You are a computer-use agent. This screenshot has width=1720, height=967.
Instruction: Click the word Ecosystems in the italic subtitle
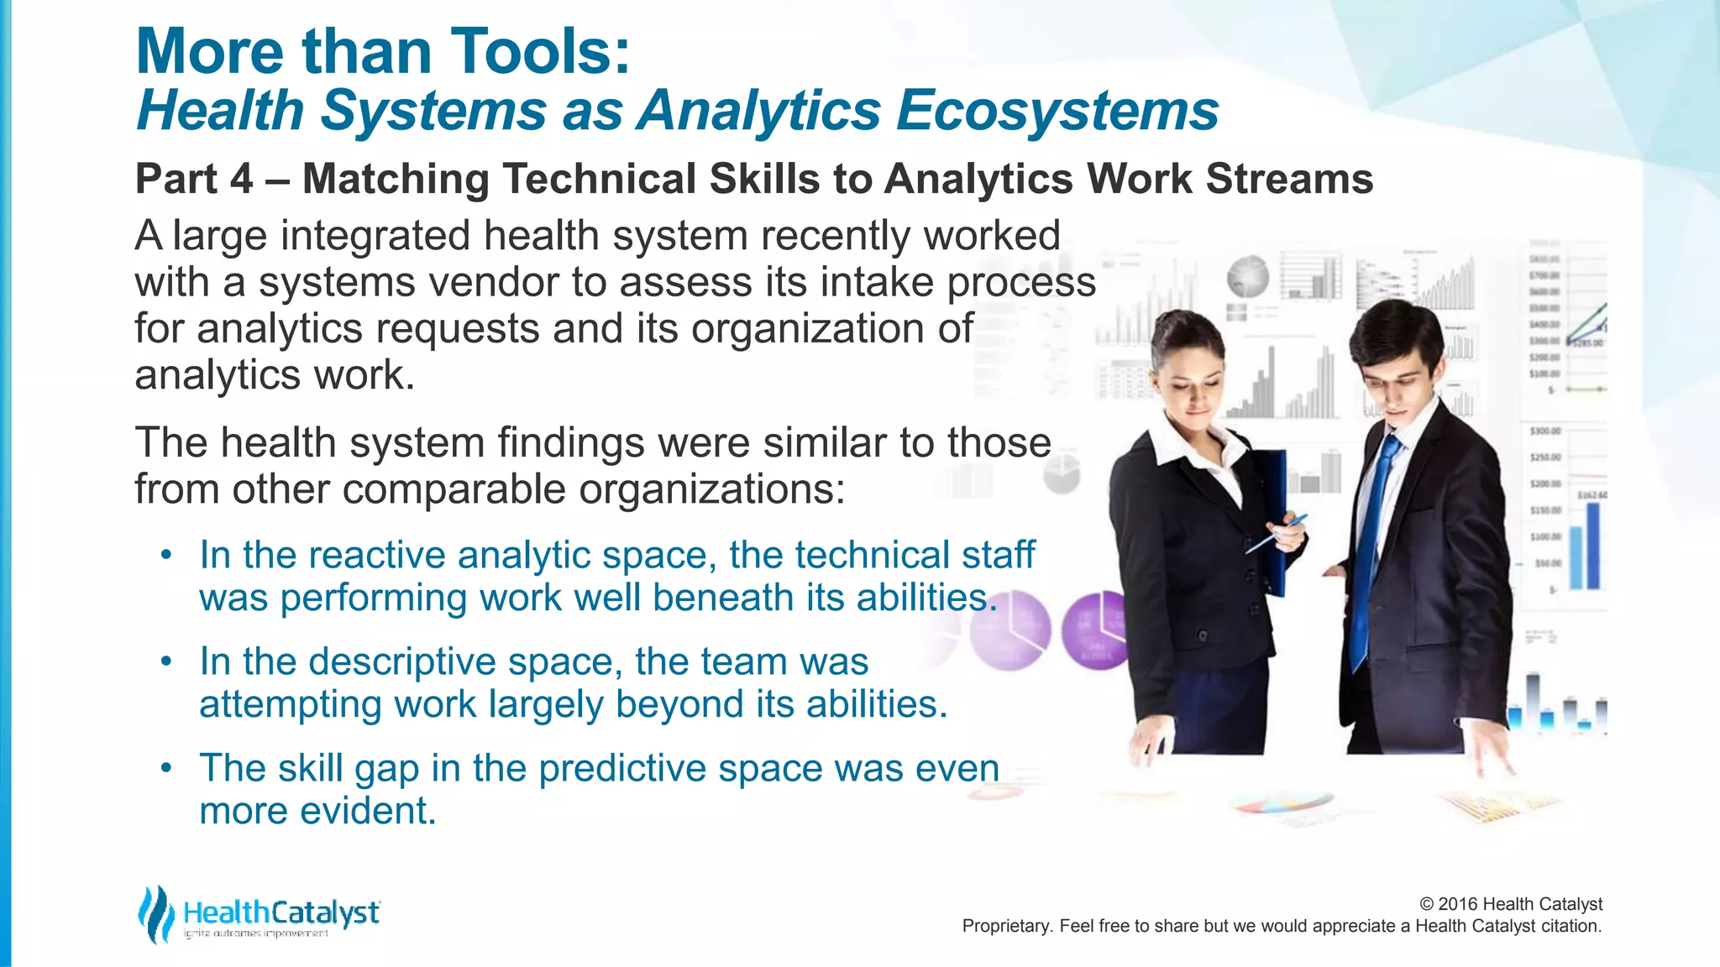tap(1057, 111)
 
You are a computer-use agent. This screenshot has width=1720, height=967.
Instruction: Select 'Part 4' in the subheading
tap(193, 179)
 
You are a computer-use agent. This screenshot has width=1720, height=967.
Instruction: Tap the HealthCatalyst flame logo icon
tap(156, 913)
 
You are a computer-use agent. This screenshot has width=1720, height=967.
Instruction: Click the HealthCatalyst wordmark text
tap(281, 912)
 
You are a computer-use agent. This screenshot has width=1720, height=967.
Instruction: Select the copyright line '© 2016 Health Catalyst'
tap(1510, 904)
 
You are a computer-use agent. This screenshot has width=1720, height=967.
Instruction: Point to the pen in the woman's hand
tap(1277, 534)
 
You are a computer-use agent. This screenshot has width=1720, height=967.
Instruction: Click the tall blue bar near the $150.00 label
tap(1592, 546)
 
